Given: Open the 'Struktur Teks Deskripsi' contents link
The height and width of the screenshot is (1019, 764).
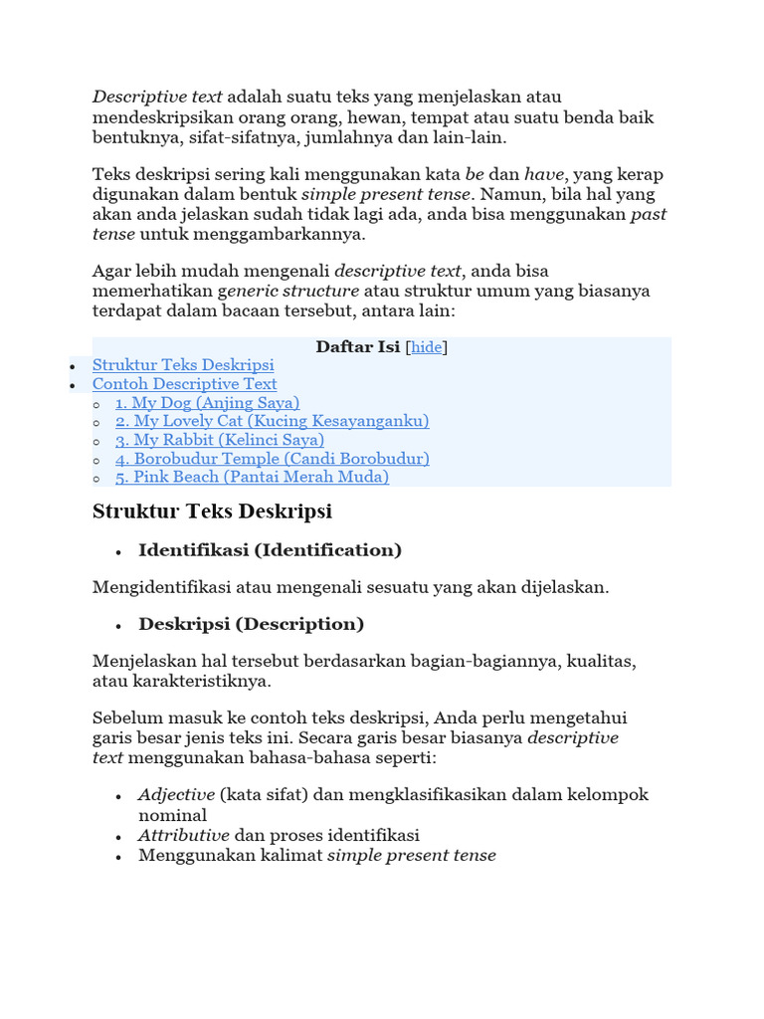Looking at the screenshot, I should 183,365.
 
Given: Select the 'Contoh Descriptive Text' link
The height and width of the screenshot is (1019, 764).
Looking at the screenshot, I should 184,384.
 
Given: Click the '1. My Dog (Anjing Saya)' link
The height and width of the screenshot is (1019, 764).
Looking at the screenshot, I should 207,403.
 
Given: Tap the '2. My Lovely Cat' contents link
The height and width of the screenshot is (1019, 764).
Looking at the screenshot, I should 272,421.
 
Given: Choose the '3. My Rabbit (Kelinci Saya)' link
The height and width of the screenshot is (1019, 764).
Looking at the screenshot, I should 219,440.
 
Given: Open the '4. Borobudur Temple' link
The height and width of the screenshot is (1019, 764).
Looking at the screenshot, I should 272,459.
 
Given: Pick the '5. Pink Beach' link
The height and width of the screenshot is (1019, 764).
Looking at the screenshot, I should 252,477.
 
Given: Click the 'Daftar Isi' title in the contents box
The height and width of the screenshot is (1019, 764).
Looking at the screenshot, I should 358,347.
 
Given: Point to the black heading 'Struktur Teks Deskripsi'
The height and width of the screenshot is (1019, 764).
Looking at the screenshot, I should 212,511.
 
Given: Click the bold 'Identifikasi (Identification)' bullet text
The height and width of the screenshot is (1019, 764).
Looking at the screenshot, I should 270,550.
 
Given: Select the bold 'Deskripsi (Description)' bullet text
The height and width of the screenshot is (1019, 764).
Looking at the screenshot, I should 251,625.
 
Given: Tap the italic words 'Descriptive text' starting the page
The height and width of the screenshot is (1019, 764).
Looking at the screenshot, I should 158,97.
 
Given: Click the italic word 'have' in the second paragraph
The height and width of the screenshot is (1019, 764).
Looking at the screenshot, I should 544,174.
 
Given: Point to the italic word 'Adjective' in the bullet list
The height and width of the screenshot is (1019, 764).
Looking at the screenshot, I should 176,795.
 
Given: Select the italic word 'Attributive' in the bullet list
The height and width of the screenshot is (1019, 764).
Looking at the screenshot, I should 184,835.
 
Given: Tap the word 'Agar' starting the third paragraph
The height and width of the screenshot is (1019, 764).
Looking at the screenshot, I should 110,271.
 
